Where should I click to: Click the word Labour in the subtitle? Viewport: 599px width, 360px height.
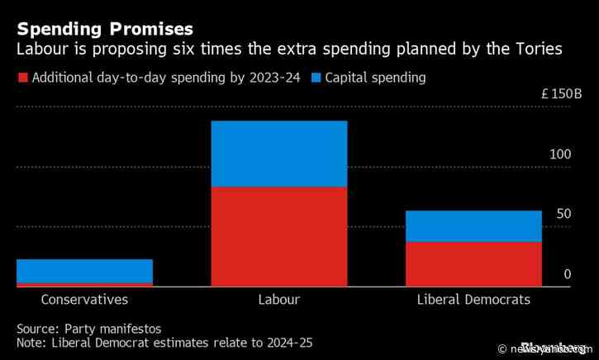click(41, 50)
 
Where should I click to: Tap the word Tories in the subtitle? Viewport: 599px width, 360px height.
click(537, 50)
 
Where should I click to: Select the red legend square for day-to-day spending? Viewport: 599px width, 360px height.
click(21, 79)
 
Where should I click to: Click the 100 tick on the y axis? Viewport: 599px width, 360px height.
click(559, 155)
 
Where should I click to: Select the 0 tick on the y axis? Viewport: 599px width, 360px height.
click(567, 273)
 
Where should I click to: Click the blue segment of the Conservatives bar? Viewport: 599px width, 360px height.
click(84, 271)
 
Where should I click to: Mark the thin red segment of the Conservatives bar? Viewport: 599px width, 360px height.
click(84, 285)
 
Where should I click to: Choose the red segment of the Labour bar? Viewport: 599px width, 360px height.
click(278, 237)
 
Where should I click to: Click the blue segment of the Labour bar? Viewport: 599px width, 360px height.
click(278, 154)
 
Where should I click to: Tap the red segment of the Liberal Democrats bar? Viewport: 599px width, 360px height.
click(473, 264)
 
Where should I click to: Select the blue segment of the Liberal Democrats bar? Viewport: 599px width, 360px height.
click(473, 225)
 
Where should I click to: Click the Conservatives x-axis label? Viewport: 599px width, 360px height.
click(84, 300)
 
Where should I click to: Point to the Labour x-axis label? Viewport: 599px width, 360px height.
click(278, 300)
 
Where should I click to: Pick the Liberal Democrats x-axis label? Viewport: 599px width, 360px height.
click(473, 300)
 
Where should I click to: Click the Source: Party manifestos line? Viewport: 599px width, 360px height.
click(88, 328)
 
